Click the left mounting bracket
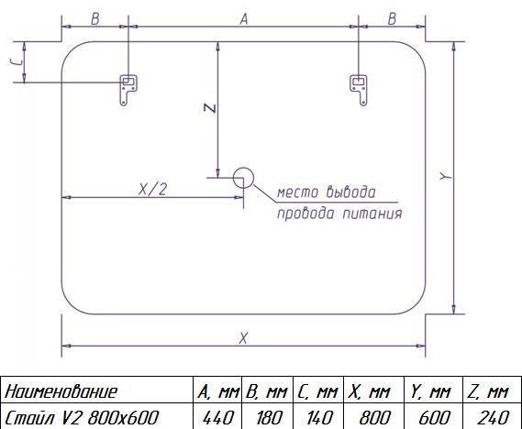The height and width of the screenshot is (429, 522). tap(128, 90)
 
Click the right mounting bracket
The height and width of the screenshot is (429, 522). tap(359, 90)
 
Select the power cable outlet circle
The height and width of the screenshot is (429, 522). tap(243, 178)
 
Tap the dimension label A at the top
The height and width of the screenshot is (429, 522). tap(244, 19)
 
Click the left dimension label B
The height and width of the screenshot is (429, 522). tap(95, 19)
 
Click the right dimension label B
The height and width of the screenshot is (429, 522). tap(392, 19)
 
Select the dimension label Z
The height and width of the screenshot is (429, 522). tap(210, 108)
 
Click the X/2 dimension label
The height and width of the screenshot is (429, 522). tap(152, 190)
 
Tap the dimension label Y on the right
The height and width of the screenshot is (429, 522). tap(446, 176)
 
